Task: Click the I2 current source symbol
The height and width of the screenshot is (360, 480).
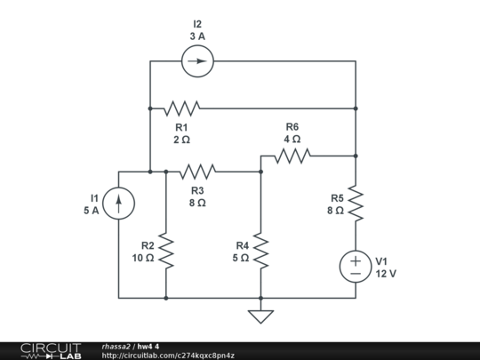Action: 197,61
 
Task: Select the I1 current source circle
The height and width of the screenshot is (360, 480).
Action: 118,204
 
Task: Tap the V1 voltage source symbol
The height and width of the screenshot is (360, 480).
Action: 355,267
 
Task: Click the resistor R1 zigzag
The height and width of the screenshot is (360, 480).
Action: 181,108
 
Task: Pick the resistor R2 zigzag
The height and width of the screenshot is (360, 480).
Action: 165,252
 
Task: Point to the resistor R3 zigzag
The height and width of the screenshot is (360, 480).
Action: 197,172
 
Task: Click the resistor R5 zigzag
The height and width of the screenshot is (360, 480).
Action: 355,204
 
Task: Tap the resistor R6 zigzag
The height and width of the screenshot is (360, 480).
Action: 292,156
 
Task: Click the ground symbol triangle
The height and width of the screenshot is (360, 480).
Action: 260,316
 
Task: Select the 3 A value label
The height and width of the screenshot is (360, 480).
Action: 197,36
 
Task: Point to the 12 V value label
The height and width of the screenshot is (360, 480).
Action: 385,274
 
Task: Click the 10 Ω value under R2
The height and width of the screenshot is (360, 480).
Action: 143,258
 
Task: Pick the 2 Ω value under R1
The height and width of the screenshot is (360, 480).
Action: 181,140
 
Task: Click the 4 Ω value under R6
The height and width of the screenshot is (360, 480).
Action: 292,140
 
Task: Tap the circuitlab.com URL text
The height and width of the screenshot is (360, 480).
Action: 168,356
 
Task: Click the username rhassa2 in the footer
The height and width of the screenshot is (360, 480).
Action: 116,346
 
